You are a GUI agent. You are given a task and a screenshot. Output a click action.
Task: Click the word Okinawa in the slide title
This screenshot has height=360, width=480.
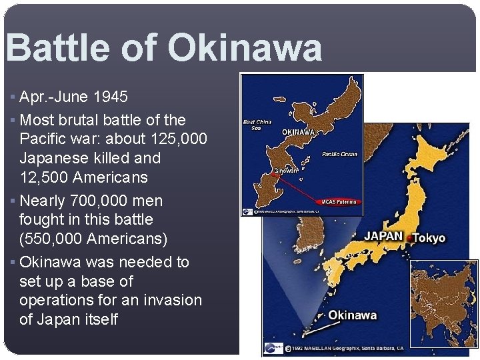245,48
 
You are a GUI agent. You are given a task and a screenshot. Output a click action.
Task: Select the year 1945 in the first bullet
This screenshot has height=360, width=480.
110,97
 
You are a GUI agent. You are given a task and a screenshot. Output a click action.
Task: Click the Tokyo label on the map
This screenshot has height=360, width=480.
429,238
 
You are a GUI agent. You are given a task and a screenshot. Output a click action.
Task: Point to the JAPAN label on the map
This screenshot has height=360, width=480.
383,235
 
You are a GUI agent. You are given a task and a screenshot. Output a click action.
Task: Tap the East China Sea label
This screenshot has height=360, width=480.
257,125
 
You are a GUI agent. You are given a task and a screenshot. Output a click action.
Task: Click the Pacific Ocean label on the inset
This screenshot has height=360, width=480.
340,154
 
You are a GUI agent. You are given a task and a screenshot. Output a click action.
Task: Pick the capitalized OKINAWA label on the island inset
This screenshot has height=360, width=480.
299,132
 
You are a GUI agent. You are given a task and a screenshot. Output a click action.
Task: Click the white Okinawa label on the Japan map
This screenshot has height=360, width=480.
353,315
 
